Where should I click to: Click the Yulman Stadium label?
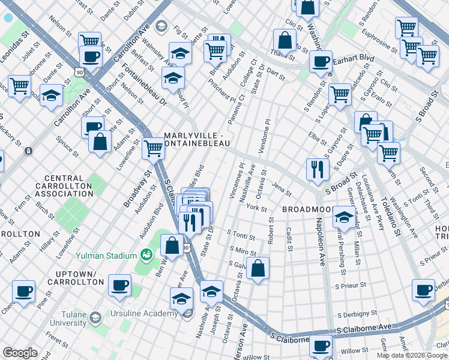pos(106,256)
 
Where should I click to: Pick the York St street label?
pos(256,208)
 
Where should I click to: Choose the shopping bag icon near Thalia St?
pos(285,40)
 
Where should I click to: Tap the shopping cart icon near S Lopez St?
pos(340,94)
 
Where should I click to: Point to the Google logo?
pos(20,352)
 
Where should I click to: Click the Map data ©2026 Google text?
pos(411,355)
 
